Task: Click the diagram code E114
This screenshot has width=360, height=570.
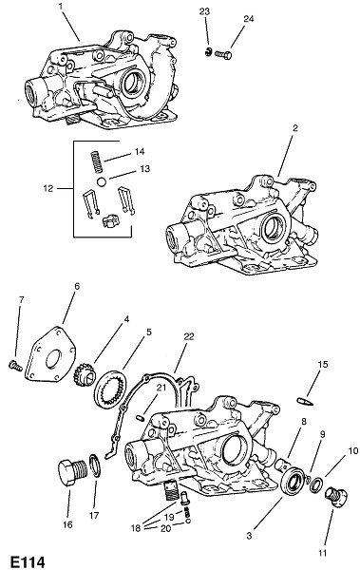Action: [28, 561]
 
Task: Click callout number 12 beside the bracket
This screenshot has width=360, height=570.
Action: [47, 188]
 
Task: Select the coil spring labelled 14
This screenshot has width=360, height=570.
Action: [96, 161]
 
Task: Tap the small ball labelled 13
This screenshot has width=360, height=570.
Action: [102, 181]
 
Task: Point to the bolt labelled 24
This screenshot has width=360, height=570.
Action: [223, 55]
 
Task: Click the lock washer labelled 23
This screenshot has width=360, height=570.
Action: [207, 52]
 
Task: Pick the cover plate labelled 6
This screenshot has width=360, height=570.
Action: [51, 353]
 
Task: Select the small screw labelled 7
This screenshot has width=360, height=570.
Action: [15, 365]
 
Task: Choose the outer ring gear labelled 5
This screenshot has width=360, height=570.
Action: [110, 389]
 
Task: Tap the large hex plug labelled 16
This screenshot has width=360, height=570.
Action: [73, 472]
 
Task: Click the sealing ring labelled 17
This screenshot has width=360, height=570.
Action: [94, 465]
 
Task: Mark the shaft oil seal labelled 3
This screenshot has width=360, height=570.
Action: [294, 482]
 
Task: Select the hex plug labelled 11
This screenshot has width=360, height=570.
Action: [335, 496]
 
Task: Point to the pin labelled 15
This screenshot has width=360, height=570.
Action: [304, 401]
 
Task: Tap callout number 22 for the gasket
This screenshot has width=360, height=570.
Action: [188, 336]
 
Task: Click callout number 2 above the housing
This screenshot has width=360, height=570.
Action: [294, 127]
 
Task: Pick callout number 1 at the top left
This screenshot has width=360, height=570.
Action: [61, 7]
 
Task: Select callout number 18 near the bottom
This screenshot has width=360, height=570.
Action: [135, 527]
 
